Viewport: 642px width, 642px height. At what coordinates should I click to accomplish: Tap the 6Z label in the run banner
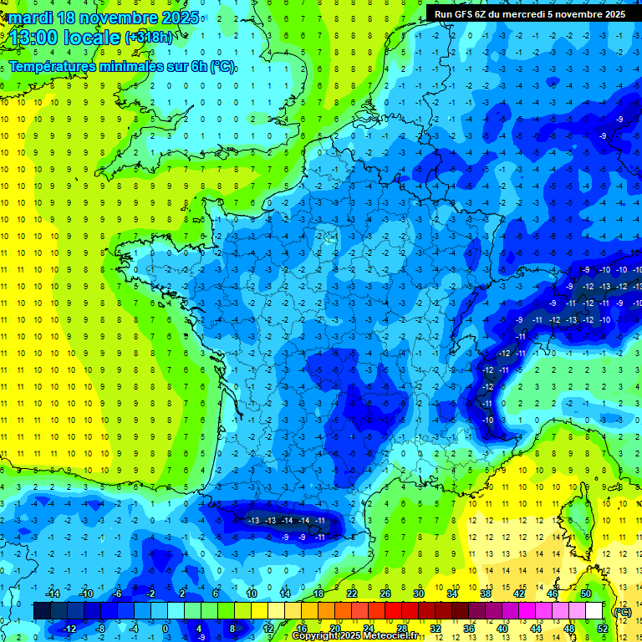(494, 14)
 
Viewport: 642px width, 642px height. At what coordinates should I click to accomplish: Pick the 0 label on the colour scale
(165, 628)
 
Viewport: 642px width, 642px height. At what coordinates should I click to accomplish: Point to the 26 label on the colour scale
(385, 594)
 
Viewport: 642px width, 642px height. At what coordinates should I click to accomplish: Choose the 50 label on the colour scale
(586, 594)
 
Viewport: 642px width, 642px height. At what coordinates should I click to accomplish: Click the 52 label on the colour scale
(603, 628)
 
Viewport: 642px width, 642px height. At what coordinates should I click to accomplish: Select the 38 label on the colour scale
(486, 594)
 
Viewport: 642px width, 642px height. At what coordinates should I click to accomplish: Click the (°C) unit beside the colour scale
(623, 611)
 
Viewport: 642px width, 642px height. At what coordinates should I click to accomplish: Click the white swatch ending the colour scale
(594, 611)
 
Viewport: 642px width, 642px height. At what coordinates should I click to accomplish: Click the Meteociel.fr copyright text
(355, 636)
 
